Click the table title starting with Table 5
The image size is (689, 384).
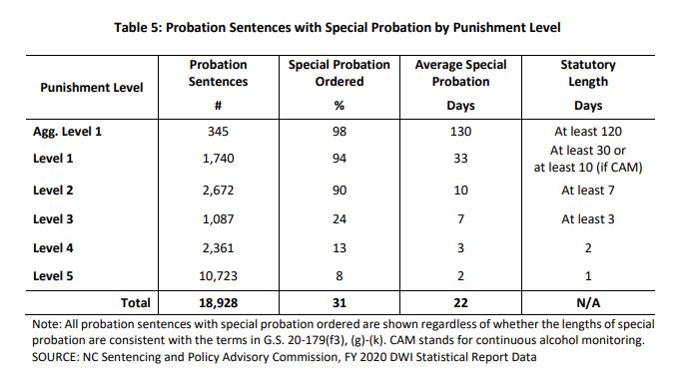click(x=338, y=28)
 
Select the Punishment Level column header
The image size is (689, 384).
click(x=92, y=88)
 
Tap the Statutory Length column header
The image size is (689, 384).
click(x=588, y=73)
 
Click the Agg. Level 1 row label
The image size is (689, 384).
click(x=67, y=132)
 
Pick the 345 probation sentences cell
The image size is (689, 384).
click(x=218, y=132)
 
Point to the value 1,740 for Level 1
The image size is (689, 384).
click(x=218, y=158)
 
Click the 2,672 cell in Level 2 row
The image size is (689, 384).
click(x=218, y=191)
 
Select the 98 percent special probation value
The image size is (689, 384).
click(x=340, y=132)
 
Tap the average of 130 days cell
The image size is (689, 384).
click(x=460, y=132)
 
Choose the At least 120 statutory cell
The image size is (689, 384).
click(x=588, y=132)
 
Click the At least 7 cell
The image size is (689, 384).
click(x=588, y=191)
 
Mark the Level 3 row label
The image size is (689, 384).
click(x=53, y=219)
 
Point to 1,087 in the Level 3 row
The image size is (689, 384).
click(x=218, y=219)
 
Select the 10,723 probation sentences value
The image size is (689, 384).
click(x=218, y=276)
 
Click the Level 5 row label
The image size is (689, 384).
click(x=53, y=276)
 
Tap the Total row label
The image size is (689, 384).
click(x=136, y=303)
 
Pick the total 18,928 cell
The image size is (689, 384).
click(x=218, y=303)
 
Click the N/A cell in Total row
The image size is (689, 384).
click(x=588, y=303)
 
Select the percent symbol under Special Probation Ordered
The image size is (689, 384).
click(x=340, y=106)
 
